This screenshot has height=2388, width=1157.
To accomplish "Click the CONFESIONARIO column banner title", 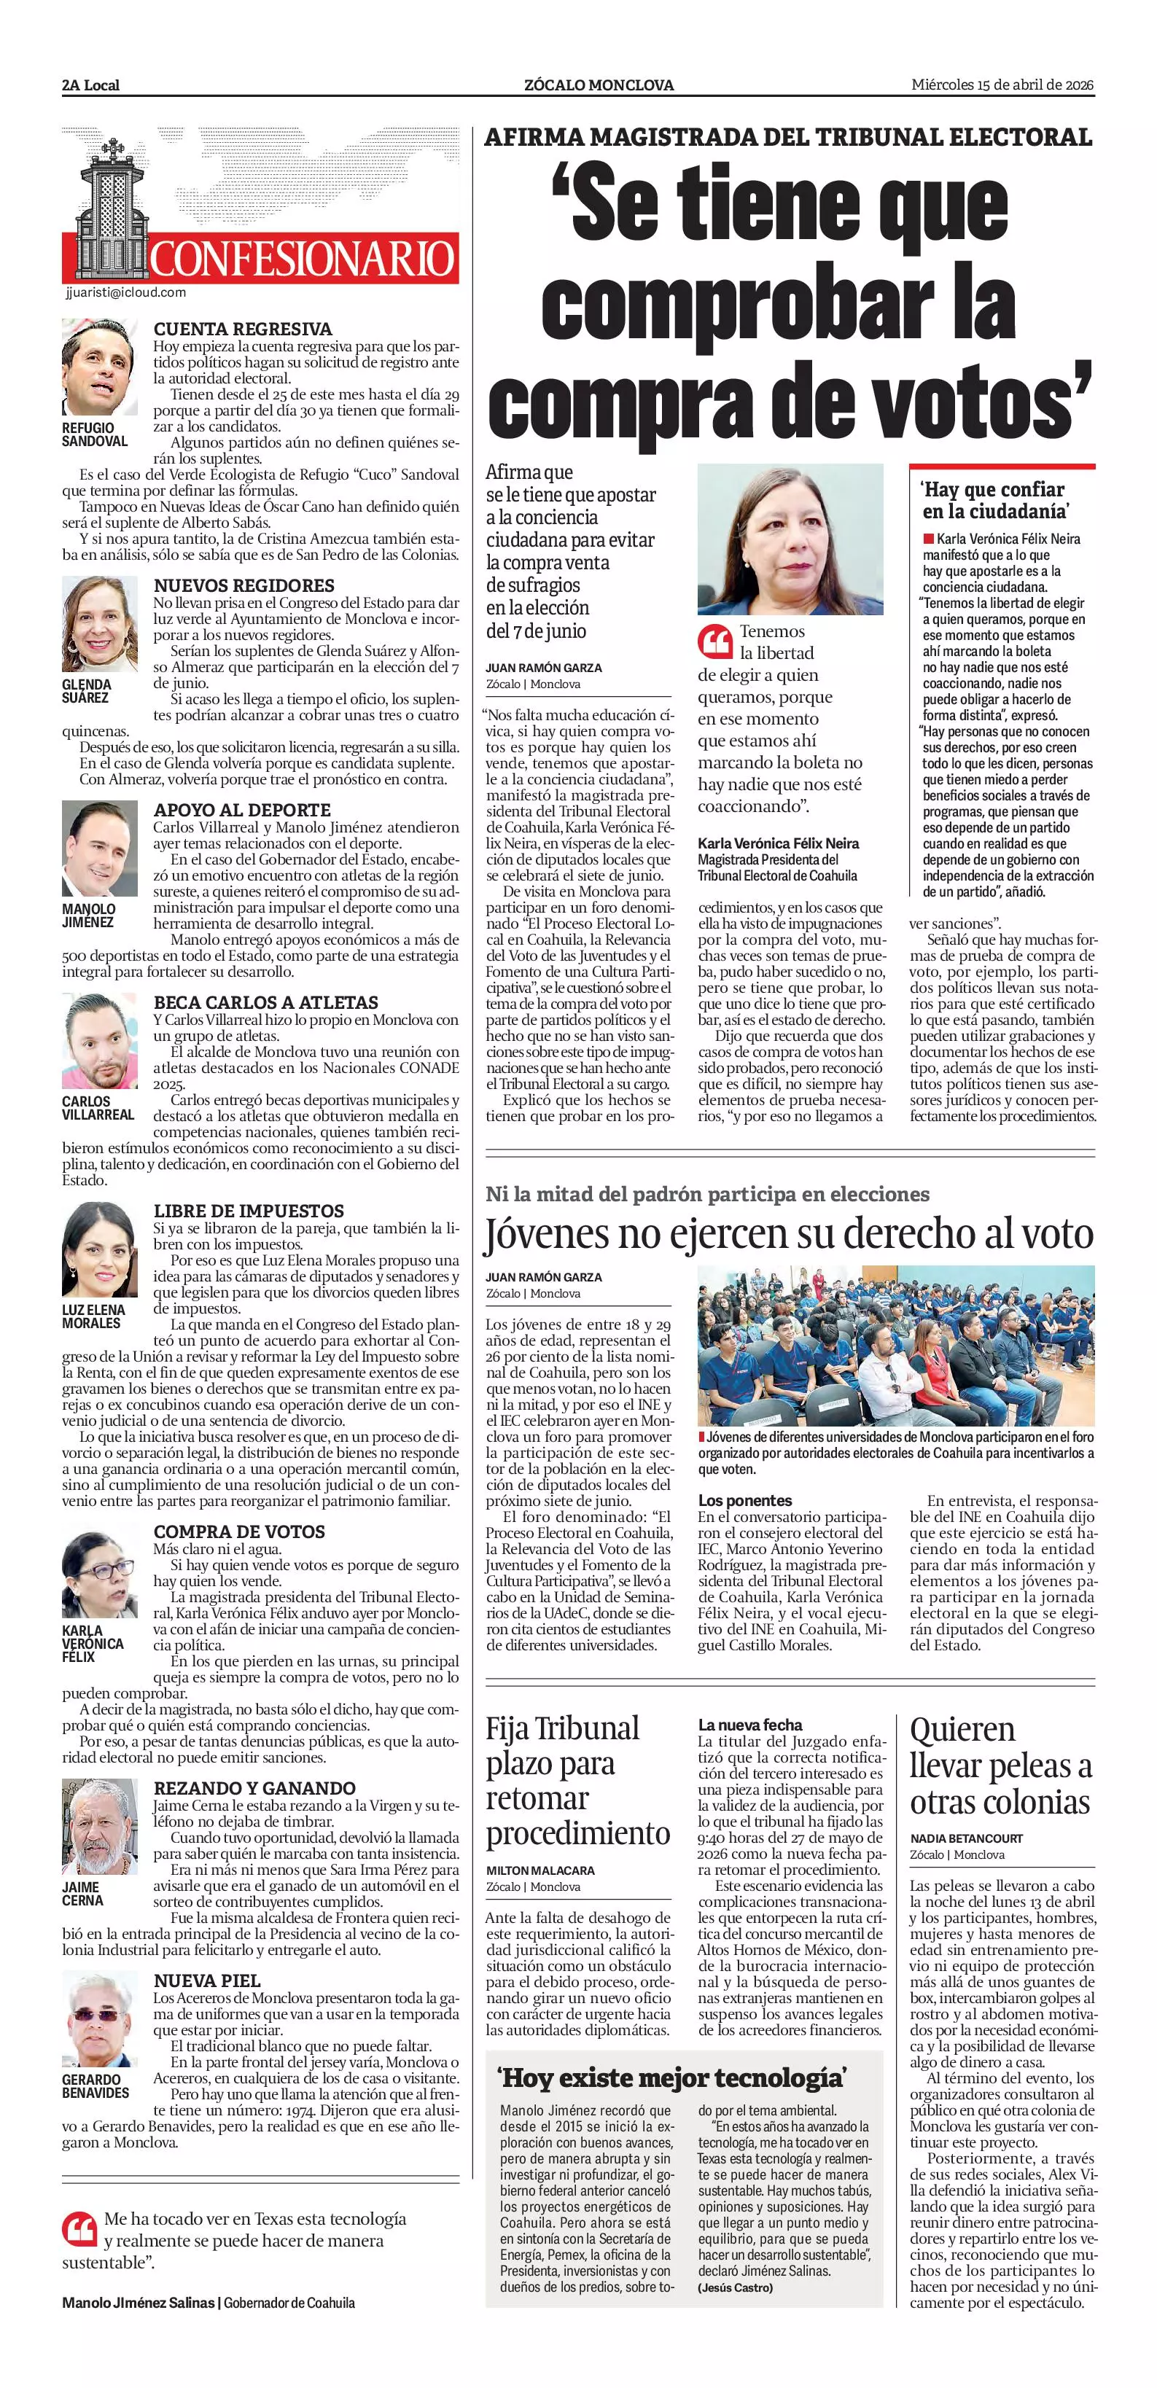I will pos(303,259).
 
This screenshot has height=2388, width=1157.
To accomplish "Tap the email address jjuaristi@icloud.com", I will pos(126,293).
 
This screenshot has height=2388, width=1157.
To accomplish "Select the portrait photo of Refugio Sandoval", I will pos(99,367).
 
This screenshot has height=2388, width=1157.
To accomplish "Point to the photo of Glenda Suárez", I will pos(99,623).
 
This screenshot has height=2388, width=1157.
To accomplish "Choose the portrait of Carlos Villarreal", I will pos(99,1041).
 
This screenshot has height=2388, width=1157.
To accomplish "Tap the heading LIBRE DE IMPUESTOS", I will pos(249,1211).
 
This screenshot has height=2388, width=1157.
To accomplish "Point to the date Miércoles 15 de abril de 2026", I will pos(1002,85).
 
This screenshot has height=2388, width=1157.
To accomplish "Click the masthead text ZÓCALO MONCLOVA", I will pos(599,85).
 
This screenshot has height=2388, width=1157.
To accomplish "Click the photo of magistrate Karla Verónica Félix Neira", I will pos(790,539).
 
